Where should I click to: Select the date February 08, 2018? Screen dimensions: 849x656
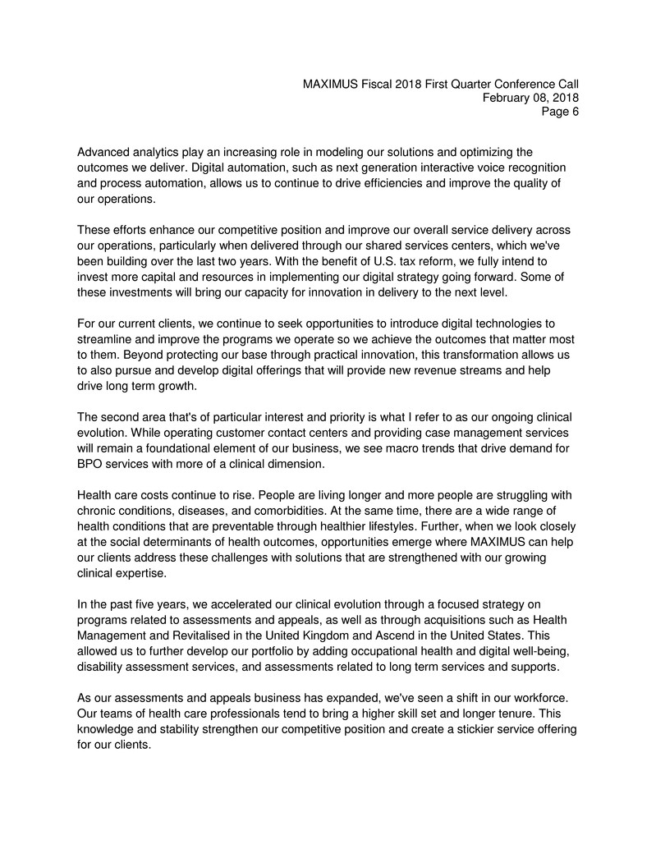click(530, 98)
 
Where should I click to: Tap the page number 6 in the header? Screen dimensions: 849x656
click(575, 112)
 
